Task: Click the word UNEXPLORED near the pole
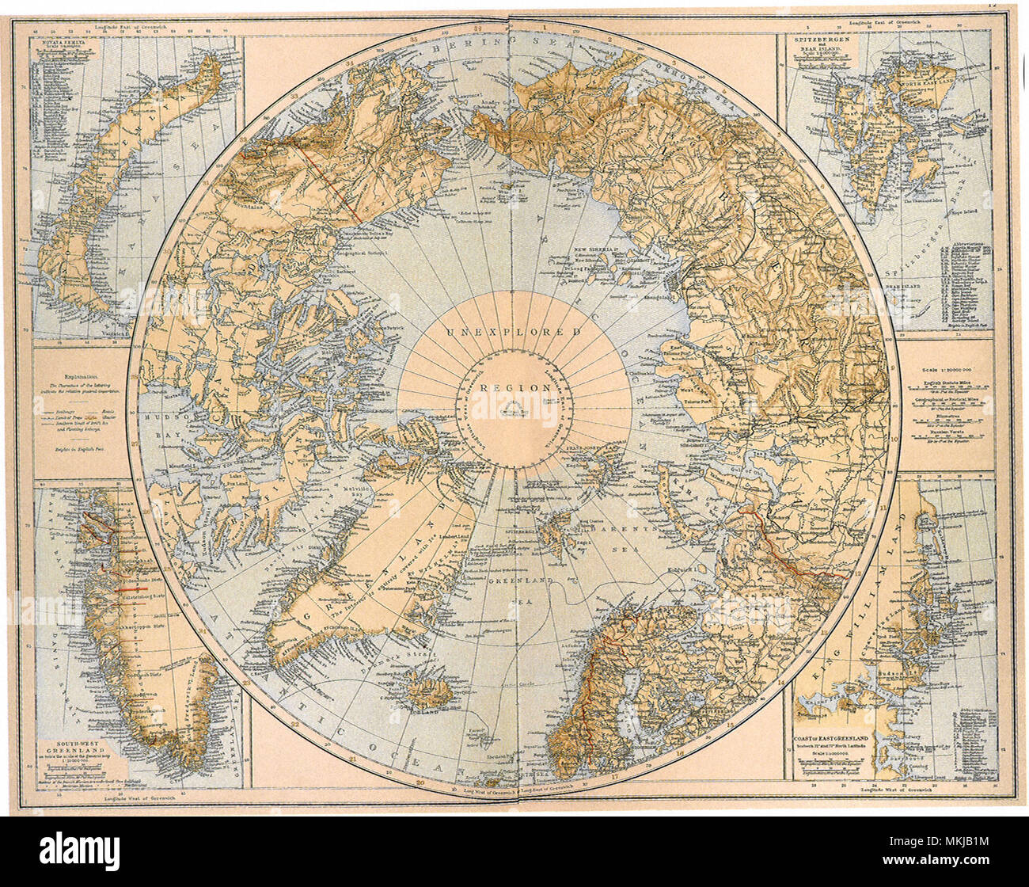514,331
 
